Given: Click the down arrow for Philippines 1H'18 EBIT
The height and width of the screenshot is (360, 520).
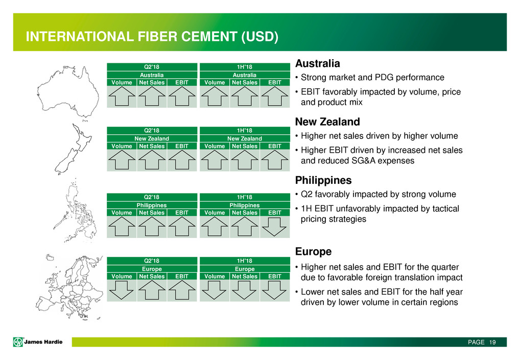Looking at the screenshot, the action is coord(274,227).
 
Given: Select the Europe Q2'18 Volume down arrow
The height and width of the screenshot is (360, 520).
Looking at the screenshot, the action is coord(122,291).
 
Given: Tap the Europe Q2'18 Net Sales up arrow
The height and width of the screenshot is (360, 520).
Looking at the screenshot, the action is coord(152,290).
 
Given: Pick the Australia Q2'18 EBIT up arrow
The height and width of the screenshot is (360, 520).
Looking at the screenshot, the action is coord(182,96).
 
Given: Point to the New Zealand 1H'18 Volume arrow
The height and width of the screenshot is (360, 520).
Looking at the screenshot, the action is coord(215,160).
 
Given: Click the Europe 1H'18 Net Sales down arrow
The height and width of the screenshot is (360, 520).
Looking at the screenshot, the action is coord(244,291).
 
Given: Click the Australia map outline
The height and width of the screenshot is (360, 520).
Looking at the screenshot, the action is coord(68,92).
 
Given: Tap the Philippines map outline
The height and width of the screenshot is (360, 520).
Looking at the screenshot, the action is coord(75,210).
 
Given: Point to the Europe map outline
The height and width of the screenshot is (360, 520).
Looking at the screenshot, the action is coord(69,287).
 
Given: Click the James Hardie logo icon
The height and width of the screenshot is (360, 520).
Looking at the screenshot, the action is coord(18,342).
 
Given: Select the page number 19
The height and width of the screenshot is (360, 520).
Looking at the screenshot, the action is coord(492,342).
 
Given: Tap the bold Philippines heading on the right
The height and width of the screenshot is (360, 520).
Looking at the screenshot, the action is coord(323,180).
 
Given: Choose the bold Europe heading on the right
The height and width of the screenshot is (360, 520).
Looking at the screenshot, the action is coord(314,252).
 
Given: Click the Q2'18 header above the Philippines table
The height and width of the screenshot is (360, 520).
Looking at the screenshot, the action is coord(152,197).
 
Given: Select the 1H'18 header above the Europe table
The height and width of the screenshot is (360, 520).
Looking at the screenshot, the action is coord(244,260).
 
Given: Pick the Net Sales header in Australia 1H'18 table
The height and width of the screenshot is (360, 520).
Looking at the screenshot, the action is coord(244,83).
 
